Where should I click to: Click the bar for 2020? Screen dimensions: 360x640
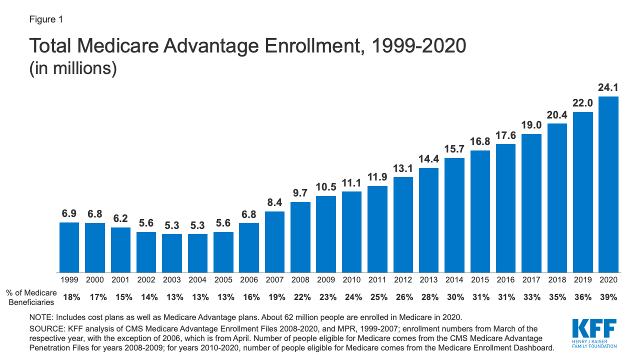(x=608, y=184)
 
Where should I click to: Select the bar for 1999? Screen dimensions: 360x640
(x=69, y=247)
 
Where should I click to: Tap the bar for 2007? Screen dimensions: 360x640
(x=274, y=242)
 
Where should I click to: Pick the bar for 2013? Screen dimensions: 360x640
(x=428, y=220)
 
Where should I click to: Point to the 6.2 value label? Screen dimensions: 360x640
(x=120, y=218)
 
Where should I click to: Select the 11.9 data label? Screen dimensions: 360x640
(x=377, y=177)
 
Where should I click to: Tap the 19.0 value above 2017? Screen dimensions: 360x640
(x=531, y=125)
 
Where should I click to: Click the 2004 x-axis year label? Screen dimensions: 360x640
(x=197, y=279)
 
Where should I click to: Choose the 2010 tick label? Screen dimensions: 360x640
(x=351, y=279)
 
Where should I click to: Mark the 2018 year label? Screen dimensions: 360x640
(x=557, y=279)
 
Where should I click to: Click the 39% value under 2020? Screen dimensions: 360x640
(x=608, y=297)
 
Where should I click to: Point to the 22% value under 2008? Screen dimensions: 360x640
(x=300, y=297)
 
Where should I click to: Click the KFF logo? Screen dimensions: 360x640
(x=593, y=332)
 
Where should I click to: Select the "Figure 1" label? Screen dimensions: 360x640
(x=45, y=19)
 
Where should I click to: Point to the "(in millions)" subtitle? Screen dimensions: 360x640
(x=73, y=68)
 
